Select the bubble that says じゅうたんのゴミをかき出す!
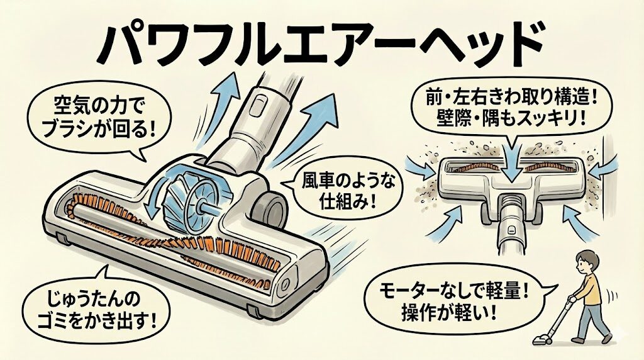pos(89,303)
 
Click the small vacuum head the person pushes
pos(541,340)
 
